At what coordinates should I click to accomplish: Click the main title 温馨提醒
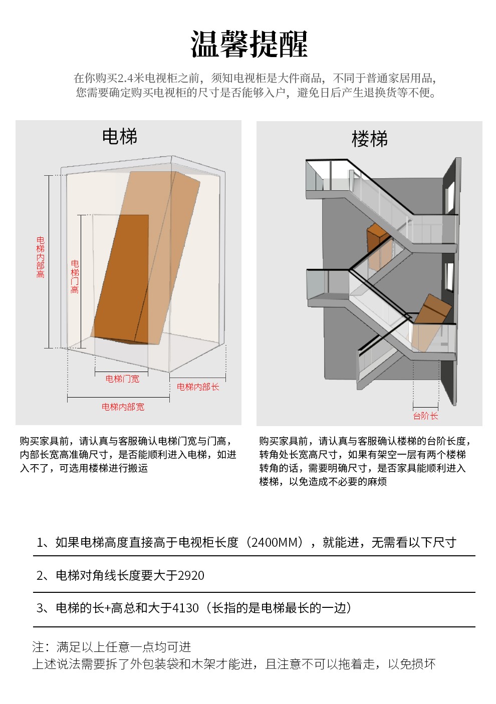coord(249,44)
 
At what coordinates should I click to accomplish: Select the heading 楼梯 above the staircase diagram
coord(370,139)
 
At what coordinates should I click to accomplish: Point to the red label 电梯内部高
coord(41,257)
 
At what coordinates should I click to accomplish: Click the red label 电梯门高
coord(75,276)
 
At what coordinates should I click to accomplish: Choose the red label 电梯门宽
coord(122,379)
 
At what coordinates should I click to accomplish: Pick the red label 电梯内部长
coord(198,387)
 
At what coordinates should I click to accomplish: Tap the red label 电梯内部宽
coord(123,407)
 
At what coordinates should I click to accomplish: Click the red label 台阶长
coord(425,416)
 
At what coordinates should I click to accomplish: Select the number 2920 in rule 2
coord(191,575)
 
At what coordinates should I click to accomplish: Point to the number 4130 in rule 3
coord(185,608)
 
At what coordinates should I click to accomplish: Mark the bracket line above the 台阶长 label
coord(425,407)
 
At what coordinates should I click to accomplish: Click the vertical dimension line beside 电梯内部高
coord(49,261)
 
